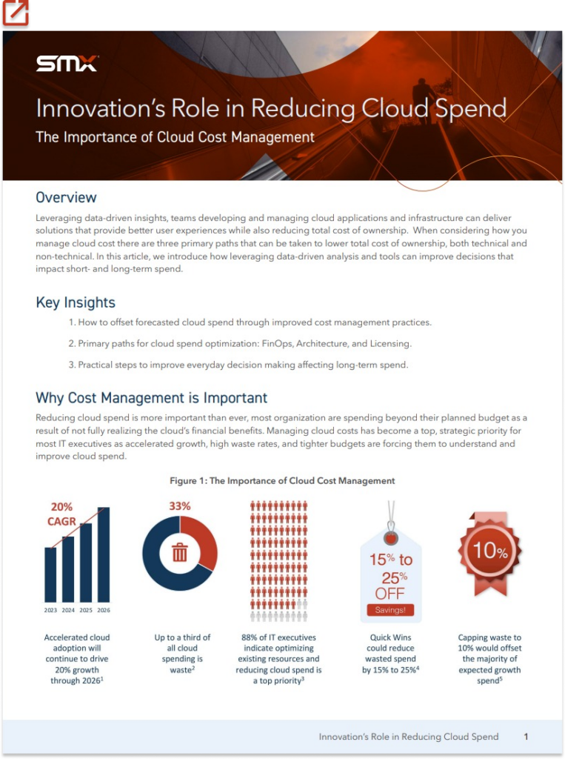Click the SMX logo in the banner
(67, 64)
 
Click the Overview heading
(66, 197)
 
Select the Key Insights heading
(76, 302)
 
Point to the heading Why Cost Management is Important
(151, 398)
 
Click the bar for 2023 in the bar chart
(50, 574)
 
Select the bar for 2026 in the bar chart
(104, 554)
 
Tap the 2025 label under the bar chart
(86, 610)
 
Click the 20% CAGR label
(61, 514)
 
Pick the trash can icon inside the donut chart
(179, 552)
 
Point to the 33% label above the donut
(179, 506)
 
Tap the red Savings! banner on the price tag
(390, 610)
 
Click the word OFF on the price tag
(390, 594)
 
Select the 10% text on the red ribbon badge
(490, 551)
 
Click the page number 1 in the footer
(526, 737)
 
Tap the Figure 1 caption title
(282, 480)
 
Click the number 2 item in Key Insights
(240, 344)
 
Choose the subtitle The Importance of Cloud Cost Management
(175, 137)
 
